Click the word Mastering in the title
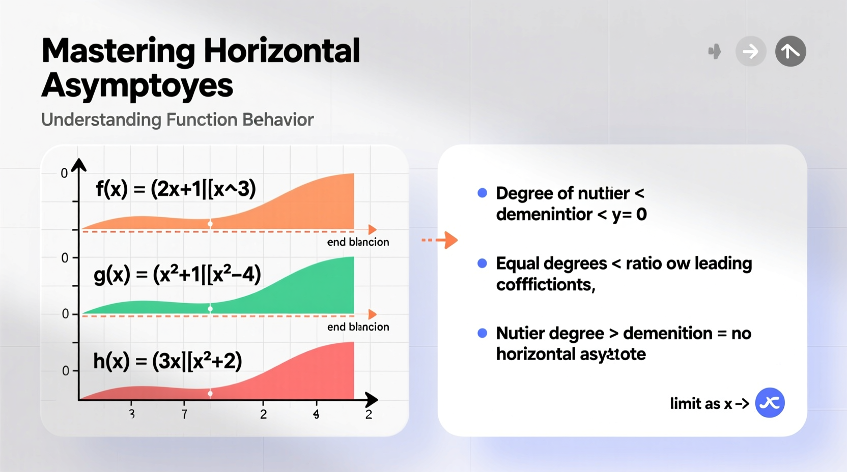118,51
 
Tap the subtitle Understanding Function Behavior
177,120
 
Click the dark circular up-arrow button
790,51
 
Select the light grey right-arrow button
750,51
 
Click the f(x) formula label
176,189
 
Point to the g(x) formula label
177,275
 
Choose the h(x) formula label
167,361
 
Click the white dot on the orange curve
210,224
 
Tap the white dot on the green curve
210,309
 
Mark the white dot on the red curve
210,393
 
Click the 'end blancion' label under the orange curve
358,242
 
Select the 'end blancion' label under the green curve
358,327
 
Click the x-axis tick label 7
184,415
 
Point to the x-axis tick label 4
316,415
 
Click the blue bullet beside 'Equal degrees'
482,263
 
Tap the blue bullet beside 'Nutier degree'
482,333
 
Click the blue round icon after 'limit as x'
770,403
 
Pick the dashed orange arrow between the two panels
440,240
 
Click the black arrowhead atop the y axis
79,165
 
